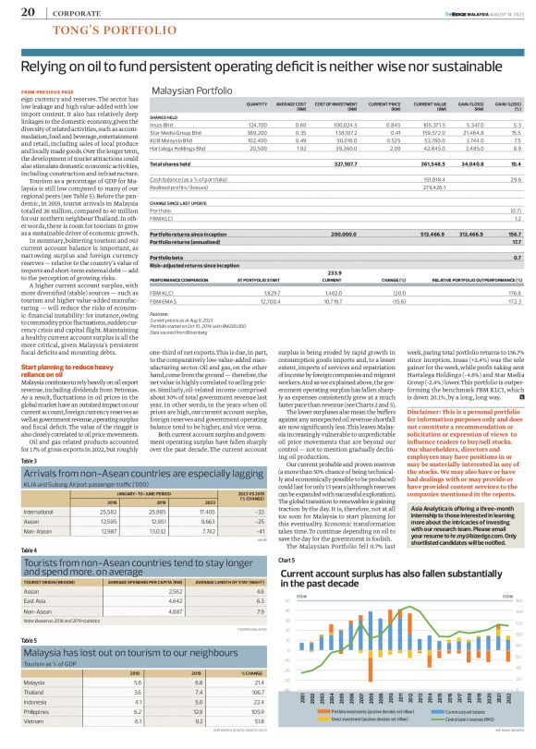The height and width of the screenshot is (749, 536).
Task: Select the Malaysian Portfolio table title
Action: coord(192,92)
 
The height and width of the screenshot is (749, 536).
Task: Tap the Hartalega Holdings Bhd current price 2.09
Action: coord(394,147)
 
